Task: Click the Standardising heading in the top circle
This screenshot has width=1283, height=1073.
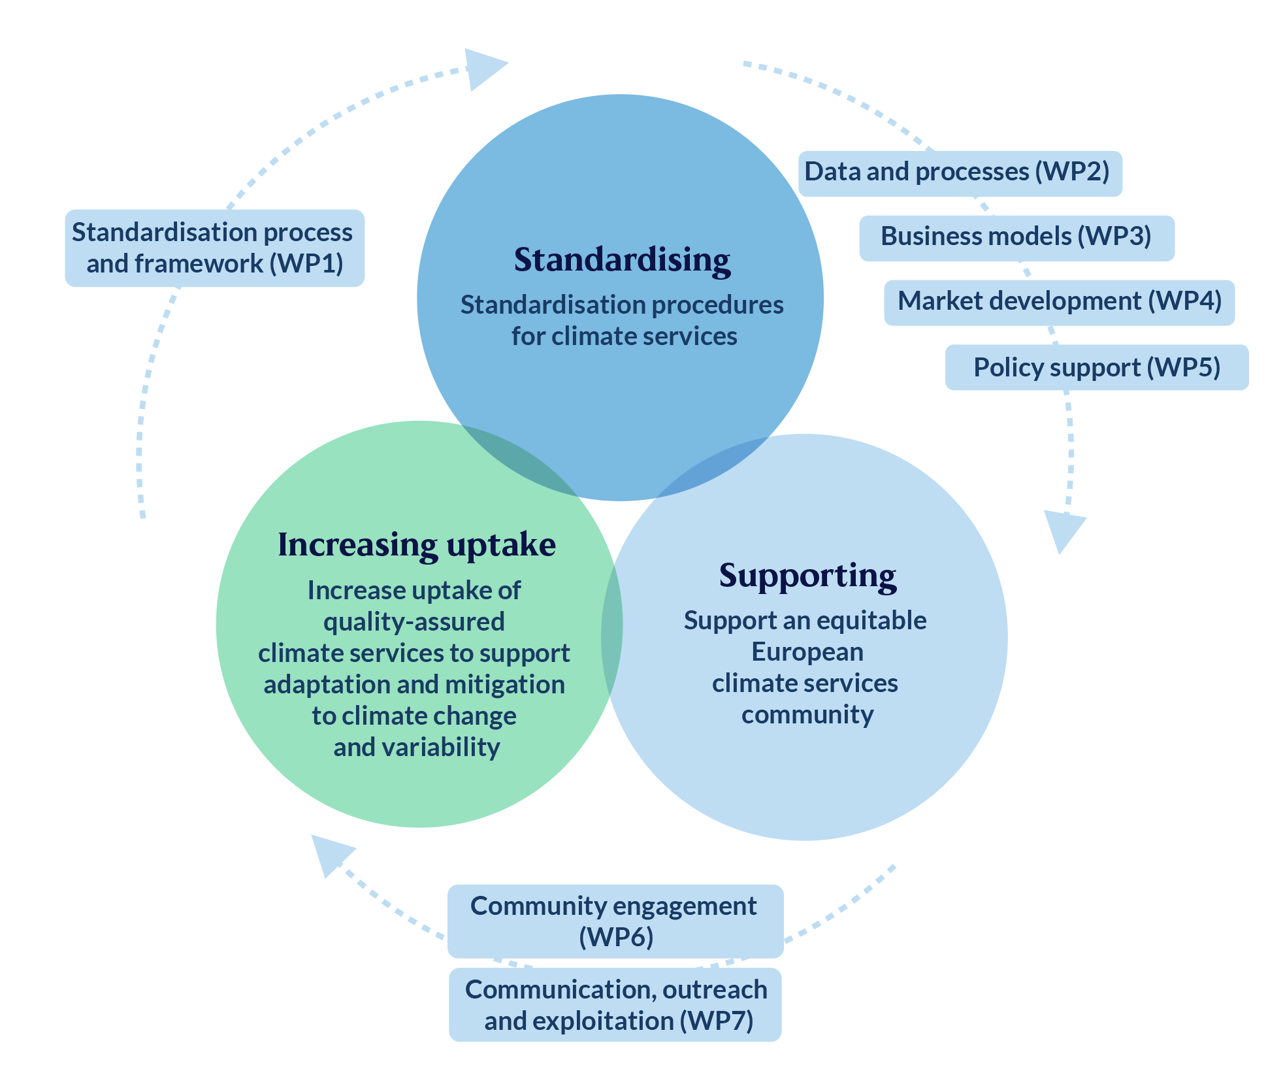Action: [622, 260]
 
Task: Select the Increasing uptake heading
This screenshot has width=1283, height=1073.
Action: [417, 545]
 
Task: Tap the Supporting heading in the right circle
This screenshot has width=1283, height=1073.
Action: [808, 576]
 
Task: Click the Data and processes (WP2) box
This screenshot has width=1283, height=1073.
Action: [960, 173]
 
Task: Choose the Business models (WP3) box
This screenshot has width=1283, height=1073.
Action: [1016, 238]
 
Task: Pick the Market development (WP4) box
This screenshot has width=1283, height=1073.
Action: [1060, 303]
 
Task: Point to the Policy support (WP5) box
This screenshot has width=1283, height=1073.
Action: [1097, 367]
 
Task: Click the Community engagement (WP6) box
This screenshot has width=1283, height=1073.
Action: [615, 921]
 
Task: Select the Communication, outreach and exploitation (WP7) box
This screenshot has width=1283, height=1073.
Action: [615, 1004]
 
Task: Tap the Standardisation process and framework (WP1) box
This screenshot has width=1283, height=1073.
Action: [215, 248]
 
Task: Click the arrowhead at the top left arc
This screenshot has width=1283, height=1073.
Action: [484, 69]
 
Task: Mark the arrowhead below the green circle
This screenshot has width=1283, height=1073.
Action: [330, 853]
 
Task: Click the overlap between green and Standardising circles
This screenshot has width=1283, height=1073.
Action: [519, 461]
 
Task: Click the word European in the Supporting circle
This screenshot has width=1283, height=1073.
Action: [807, 652]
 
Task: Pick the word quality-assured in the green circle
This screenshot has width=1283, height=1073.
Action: [414, 622]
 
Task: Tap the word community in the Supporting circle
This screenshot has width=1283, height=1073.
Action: [807, 715]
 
